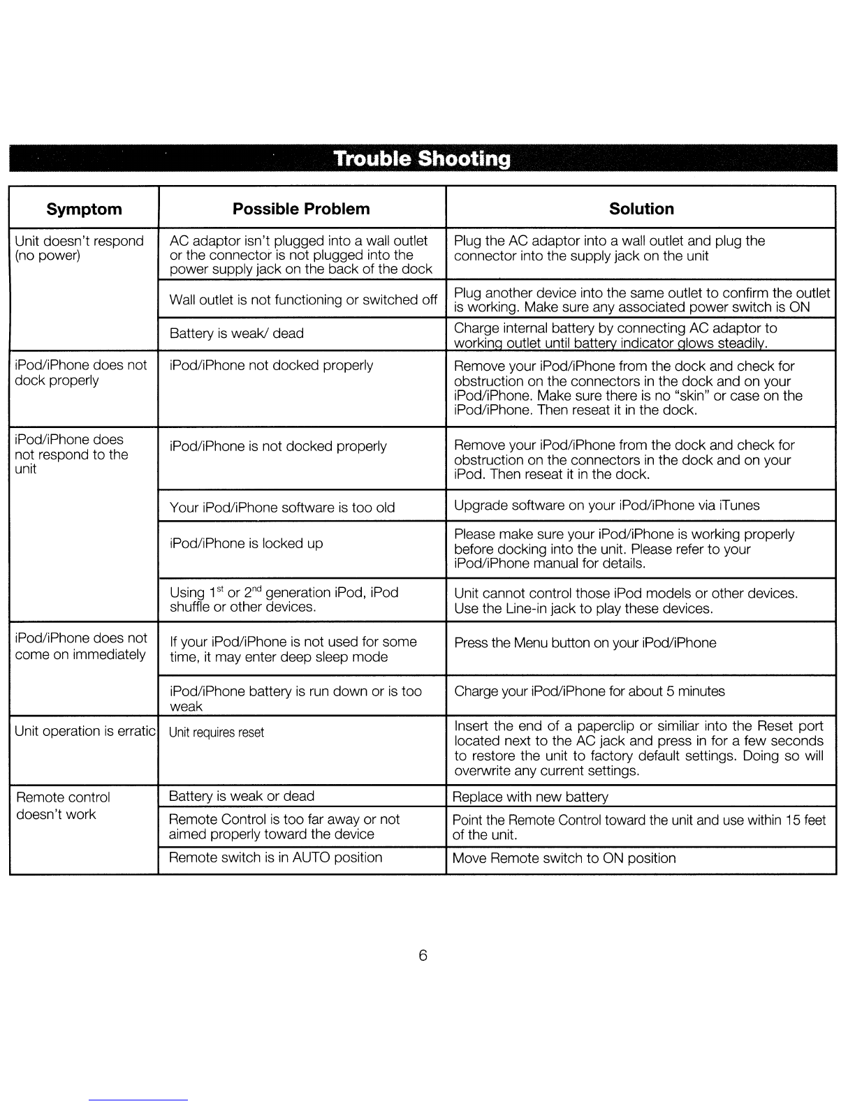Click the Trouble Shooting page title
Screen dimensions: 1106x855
(423, 158)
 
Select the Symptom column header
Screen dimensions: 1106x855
(84, 209)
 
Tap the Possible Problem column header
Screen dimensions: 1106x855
(301, 209)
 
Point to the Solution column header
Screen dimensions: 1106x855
(641, 209)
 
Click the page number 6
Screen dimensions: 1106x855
(423, 956)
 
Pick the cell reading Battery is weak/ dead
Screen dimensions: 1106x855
(237, 334)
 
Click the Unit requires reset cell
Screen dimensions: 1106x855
(217, 732)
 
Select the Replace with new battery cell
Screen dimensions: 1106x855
(530, 797)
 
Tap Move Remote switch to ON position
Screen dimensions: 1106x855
(564, 858)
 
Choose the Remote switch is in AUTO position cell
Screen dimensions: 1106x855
(276, 857)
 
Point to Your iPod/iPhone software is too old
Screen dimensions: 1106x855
(282, 508)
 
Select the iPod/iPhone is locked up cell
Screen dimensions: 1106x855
(247, 543)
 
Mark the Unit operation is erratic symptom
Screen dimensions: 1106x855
(84, 731)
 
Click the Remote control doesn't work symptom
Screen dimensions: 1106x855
(63, 806)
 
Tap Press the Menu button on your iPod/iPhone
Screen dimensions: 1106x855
(585, 643)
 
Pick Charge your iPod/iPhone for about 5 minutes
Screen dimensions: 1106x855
(590, 691)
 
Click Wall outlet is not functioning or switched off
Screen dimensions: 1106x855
(303, 300)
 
